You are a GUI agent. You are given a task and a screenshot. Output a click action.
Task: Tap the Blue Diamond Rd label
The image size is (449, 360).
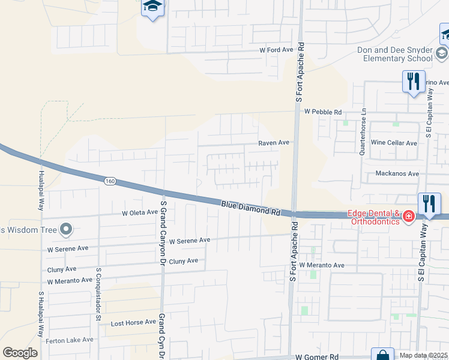coord(251,208)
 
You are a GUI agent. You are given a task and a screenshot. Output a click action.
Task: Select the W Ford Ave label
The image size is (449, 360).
coord(279,50)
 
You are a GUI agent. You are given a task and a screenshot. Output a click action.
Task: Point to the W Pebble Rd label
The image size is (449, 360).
coord(322,112)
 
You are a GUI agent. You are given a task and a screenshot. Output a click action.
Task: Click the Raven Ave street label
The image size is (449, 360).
coord(274,143)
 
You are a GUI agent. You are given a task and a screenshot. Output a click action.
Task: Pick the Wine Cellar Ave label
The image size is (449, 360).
coord(394,143)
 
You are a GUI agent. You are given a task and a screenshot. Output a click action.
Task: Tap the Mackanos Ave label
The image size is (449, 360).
coord(397,173)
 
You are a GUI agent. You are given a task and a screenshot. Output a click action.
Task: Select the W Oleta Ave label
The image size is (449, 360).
coord(139,212)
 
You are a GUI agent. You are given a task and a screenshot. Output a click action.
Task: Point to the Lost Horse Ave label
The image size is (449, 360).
coord(133,322)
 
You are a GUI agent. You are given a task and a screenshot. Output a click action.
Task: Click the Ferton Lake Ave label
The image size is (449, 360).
coord(70,340)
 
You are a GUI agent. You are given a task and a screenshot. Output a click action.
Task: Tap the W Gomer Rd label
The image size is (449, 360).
coord(318,356)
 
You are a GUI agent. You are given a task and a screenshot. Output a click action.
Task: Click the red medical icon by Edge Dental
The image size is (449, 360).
coord(409,216)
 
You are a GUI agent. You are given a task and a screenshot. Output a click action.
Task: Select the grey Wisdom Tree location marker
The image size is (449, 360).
coord(66,229)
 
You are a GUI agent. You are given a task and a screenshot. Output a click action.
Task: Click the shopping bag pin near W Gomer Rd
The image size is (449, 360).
coord(382,355)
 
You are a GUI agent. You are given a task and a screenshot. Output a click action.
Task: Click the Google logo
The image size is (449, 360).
coord(20,353)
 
